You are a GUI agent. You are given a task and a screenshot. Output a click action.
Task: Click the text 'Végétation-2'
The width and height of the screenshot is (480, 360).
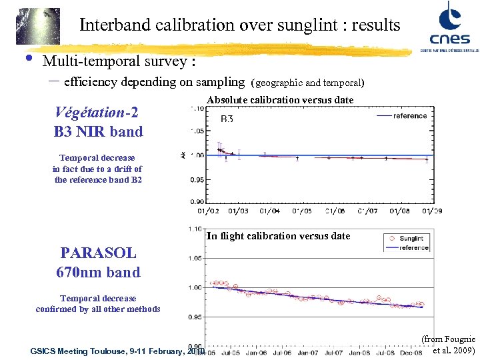pyautogui.click(x=98, y=112)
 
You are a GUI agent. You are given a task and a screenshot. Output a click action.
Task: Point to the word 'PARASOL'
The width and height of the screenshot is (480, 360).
pyautogui.click(x=98, y=253)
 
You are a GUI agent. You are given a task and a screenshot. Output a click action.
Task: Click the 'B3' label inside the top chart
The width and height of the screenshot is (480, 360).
pyautogui.click(x=227, y=119)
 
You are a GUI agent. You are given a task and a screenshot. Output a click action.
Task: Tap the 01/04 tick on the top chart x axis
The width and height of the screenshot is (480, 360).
pyautogui.click(x=269, y=211)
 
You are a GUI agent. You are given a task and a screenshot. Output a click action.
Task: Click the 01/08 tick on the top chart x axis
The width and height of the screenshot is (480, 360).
pyautogui.click(x=399, y=211)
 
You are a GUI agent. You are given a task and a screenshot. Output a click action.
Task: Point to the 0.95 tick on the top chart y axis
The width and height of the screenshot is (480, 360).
pyautogui.click(x=197, y=180)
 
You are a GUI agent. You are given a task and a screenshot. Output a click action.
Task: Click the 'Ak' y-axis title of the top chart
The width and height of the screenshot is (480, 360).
pyautogui.click(x=183, y=155)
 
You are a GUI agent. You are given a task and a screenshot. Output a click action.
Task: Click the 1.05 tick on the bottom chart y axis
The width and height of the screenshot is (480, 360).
pyautogui.click(x=197, y=258)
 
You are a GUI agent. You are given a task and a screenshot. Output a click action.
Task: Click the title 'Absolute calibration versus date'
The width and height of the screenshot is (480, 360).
pyautogui.click(x=280, y=99)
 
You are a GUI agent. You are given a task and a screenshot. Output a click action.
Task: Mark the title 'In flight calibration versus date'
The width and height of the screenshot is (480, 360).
pyautogui.click(x=278, y=235)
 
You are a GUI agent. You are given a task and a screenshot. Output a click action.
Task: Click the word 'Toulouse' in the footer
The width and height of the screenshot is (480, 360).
pyautogui.click(x=111, y=351)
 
